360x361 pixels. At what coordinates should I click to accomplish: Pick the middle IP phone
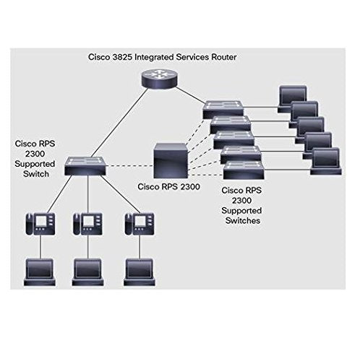(x=86, y=223)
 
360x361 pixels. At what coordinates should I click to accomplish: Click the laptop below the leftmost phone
(x=37, y=271)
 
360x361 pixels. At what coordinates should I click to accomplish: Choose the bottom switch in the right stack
(x=240, y=170)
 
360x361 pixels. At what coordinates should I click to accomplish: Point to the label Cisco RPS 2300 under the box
(x=168, y=186)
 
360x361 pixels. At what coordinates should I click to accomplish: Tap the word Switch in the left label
(x=31, y=175)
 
